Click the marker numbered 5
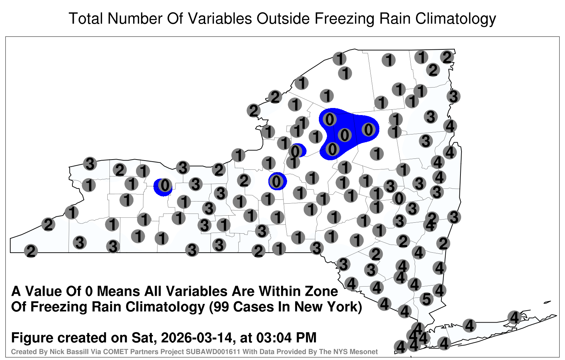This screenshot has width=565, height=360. coord(427,299)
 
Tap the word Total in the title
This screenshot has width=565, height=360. coord(86,18)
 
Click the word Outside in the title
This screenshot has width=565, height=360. coord(283,18)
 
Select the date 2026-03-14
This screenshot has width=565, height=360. coord(196,337)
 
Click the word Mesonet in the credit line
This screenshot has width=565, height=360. coord(365,352)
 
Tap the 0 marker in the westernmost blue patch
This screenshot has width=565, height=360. coord(165,186)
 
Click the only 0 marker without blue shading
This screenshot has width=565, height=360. coord(399,198)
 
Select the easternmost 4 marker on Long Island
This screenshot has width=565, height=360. coord(514,317)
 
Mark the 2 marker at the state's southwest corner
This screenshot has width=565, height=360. coord(31,251)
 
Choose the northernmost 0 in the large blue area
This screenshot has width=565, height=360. coord(329,120)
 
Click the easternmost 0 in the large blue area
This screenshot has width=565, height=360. coord(368,130)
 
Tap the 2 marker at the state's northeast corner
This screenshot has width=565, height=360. coord(447,57)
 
